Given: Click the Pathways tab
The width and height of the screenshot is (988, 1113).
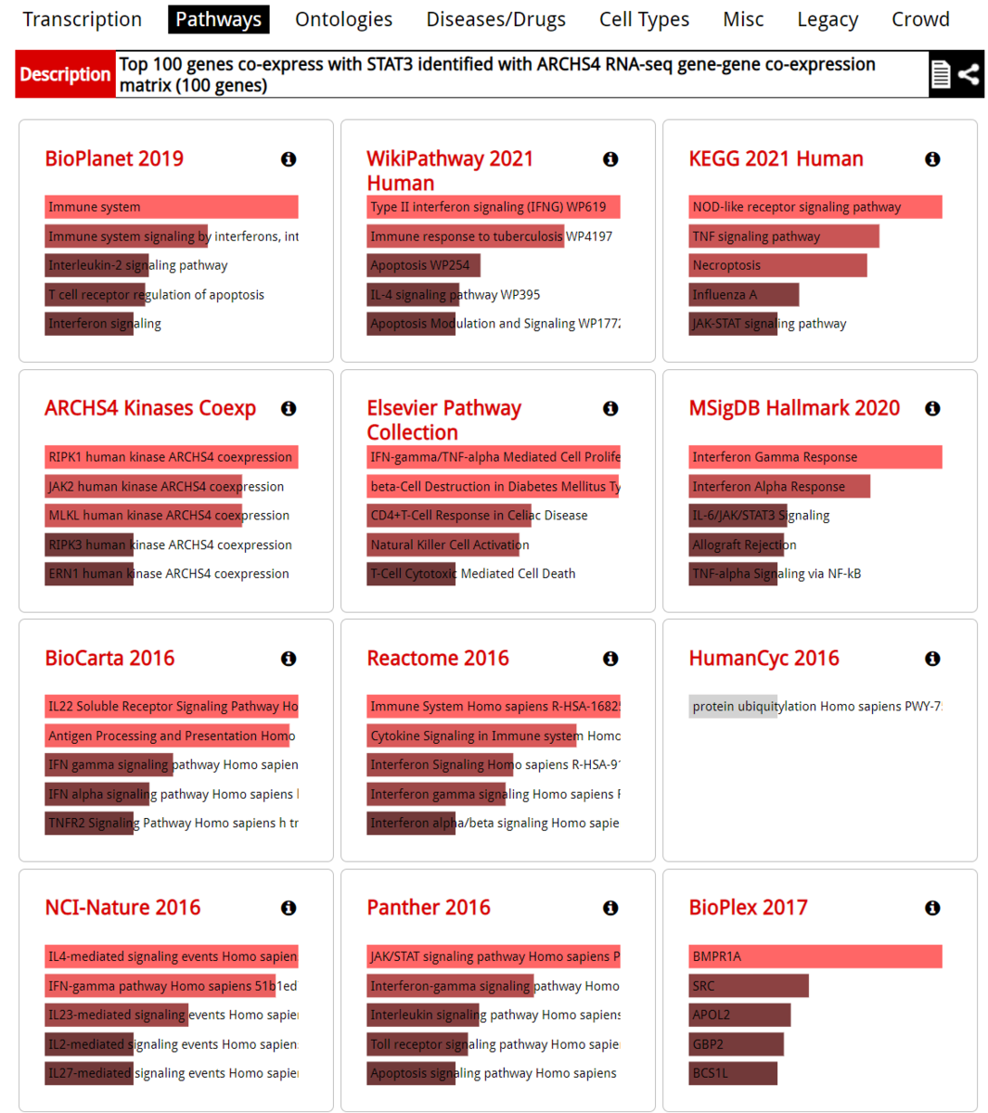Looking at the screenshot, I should tap(218, 19).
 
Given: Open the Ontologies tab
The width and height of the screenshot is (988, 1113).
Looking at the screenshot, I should tap(343, 19).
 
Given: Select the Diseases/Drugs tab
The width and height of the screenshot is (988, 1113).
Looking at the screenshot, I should tap(495, 19).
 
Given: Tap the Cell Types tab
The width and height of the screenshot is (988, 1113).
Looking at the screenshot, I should tap(644, 19).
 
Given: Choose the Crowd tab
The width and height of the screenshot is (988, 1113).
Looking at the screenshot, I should tap(920, 19).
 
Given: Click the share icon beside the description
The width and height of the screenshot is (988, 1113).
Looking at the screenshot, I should tap(969, 74).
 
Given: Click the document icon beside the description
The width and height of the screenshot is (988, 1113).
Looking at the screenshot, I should tap(941, 74).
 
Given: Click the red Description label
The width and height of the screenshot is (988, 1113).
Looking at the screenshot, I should tap(65, 74).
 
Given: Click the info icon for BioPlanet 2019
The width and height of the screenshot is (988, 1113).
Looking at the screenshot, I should tap(289, 160).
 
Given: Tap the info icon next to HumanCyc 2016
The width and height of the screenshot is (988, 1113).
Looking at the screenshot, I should tap(932, 659).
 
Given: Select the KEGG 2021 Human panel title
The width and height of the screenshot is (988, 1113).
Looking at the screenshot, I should tap(776, 159).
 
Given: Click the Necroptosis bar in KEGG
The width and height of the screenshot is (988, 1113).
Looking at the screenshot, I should tap(777, 265).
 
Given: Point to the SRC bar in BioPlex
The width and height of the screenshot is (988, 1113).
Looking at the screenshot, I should tap(749, 986).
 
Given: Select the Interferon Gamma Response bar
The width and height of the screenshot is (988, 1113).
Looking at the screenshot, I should tap(815, 457).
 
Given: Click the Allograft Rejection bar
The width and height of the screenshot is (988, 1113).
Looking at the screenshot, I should tap(738, 544).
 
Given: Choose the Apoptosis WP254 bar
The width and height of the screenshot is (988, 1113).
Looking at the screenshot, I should tap(423, 265).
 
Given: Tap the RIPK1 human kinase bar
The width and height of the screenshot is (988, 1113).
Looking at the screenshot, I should tap(171, 457).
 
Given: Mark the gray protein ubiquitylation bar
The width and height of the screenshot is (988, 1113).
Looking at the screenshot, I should tap(733, 707).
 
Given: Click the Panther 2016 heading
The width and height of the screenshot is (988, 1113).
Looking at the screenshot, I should tap(429, 907).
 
